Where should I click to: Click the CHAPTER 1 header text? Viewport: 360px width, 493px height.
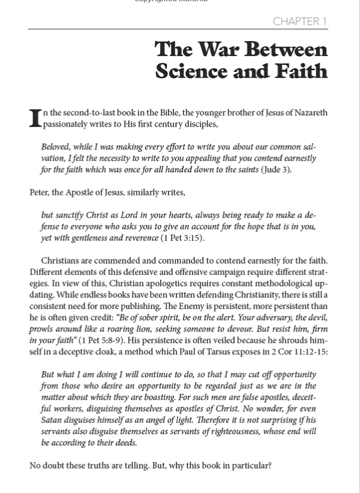299,22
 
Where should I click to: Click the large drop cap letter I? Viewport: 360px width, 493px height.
35,118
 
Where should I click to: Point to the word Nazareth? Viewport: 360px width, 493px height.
308,113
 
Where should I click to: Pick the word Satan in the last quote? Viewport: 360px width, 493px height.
54,420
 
